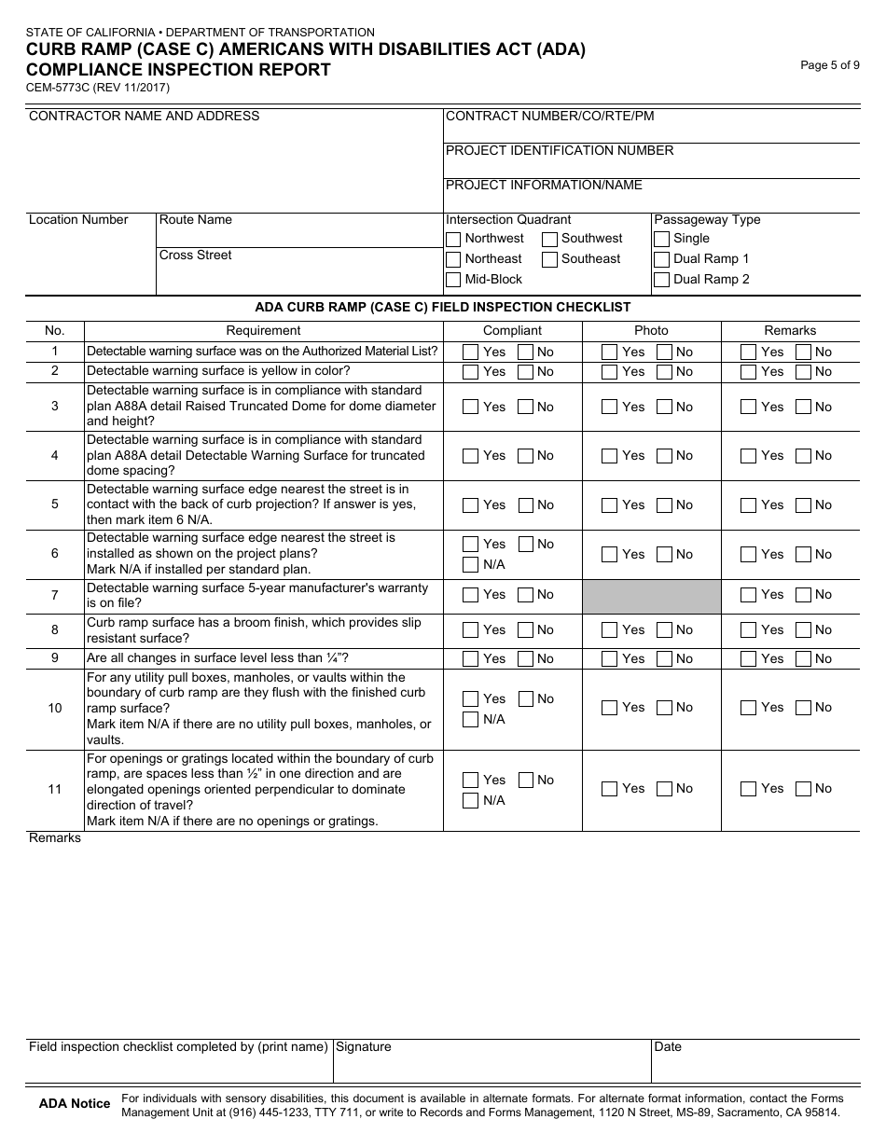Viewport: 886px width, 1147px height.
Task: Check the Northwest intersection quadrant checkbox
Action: (x=453, y=239)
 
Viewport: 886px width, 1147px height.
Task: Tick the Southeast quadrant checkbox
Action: (x=550, y=259)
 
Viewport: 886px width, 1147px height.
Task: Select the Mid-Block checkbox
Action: (x=453, y=280)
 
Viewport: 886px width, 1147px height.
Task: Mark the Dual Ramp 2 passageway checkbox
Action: (x=662, y=280)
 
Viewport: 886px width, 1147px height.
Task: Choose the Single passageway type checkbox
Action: (x=662, y=239)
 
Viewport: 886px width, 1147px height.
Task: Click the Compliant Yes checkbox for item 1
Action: (x=471, y=352)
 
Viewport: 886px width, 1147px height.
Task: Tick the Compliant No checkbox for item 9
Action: (x=526, y=659)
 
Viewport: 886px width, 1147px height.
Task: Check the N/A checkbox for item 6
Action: (x=471, y=565)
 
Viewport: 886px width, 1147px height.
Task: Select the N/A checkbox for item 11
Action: (x=471, y=801)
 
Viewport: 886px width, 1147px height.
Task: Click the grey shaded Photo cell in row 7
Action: (x=652, y=596)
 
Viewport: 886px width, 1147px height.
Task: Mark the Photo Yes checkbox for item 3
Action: (x=610, y=408)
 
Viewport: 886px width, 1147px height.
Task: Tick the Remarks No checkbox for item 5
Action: (x=804, y=505)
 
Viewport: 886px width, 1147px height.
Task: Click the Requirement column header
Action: (x=263, y=331)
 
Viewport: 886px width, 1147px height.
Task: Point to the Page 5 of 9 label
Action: (x=830, y=65)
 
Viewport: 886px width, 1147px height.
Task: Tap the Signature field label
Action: (x=364, y=1047)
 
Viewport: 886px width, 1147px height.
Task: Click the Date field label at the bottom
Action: (x=668, y=1047)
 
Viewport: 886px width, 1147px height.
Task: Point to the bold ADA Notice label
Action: (x=74, y=1104)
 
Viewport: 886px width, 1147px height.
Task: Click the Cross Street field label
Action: (x=196, y=256)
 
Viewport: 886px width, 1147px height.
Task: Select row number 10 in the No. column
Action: (x=55, y=709)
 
